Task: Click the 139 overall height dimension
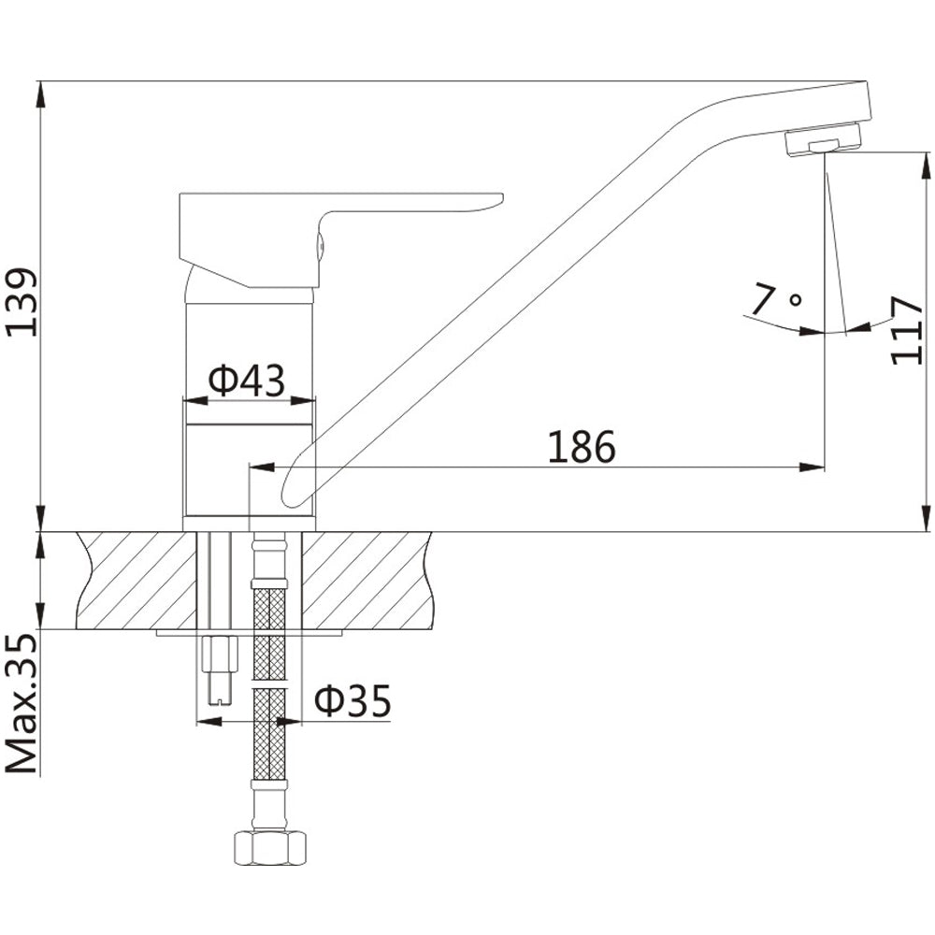22,302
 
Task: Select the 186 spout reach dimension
582,446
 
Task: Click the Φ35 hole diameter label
352,700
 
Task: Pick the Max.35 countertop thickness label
22,704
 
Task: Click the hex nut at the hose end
268,848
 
